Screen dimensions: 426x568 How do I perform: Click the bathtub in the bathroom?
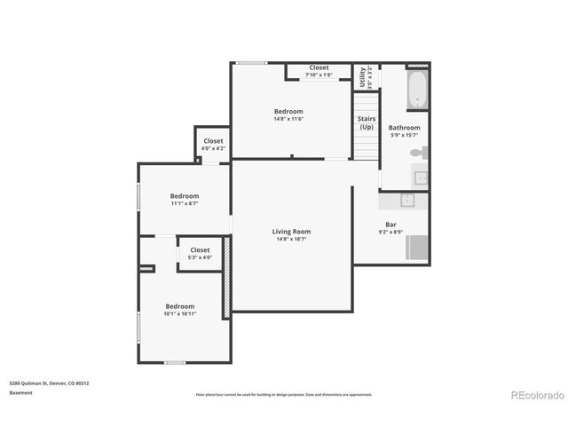tap(417, 90)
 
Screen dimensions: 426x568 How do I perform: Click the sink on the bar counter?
tap(408, 200)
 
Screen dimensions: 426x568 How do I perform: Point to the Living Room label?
tap(291, 232)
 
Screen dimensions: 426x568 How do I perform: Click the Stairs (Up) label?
tap(367, 122)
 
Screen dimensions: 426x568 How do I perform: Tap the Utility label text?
tap(362, 78)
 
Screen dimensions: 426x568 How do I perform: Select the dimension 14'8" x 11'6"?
tap(288, 119)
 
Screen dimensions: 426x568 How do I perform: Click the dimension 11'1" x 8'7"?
tap(185, 203)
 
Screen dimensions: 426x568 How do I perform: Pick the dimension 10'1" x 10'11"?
tap(180, 313)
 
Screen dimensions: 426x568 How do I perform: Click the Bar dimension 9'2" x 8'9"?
tap(390, 232)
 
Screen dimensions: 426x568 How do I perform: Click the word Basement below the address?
tap(21, 391)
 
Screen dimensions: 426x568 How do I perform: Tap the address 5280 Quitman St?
tap(49, 383)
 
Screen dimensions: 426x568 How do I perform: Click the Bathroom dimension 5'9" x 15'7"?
tap(405, 135)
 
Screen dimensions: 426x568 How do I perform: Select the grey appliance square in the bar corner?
tap(418, 248)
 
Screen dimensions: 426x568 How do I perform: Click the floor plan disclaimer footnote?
tap(284, 394)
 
